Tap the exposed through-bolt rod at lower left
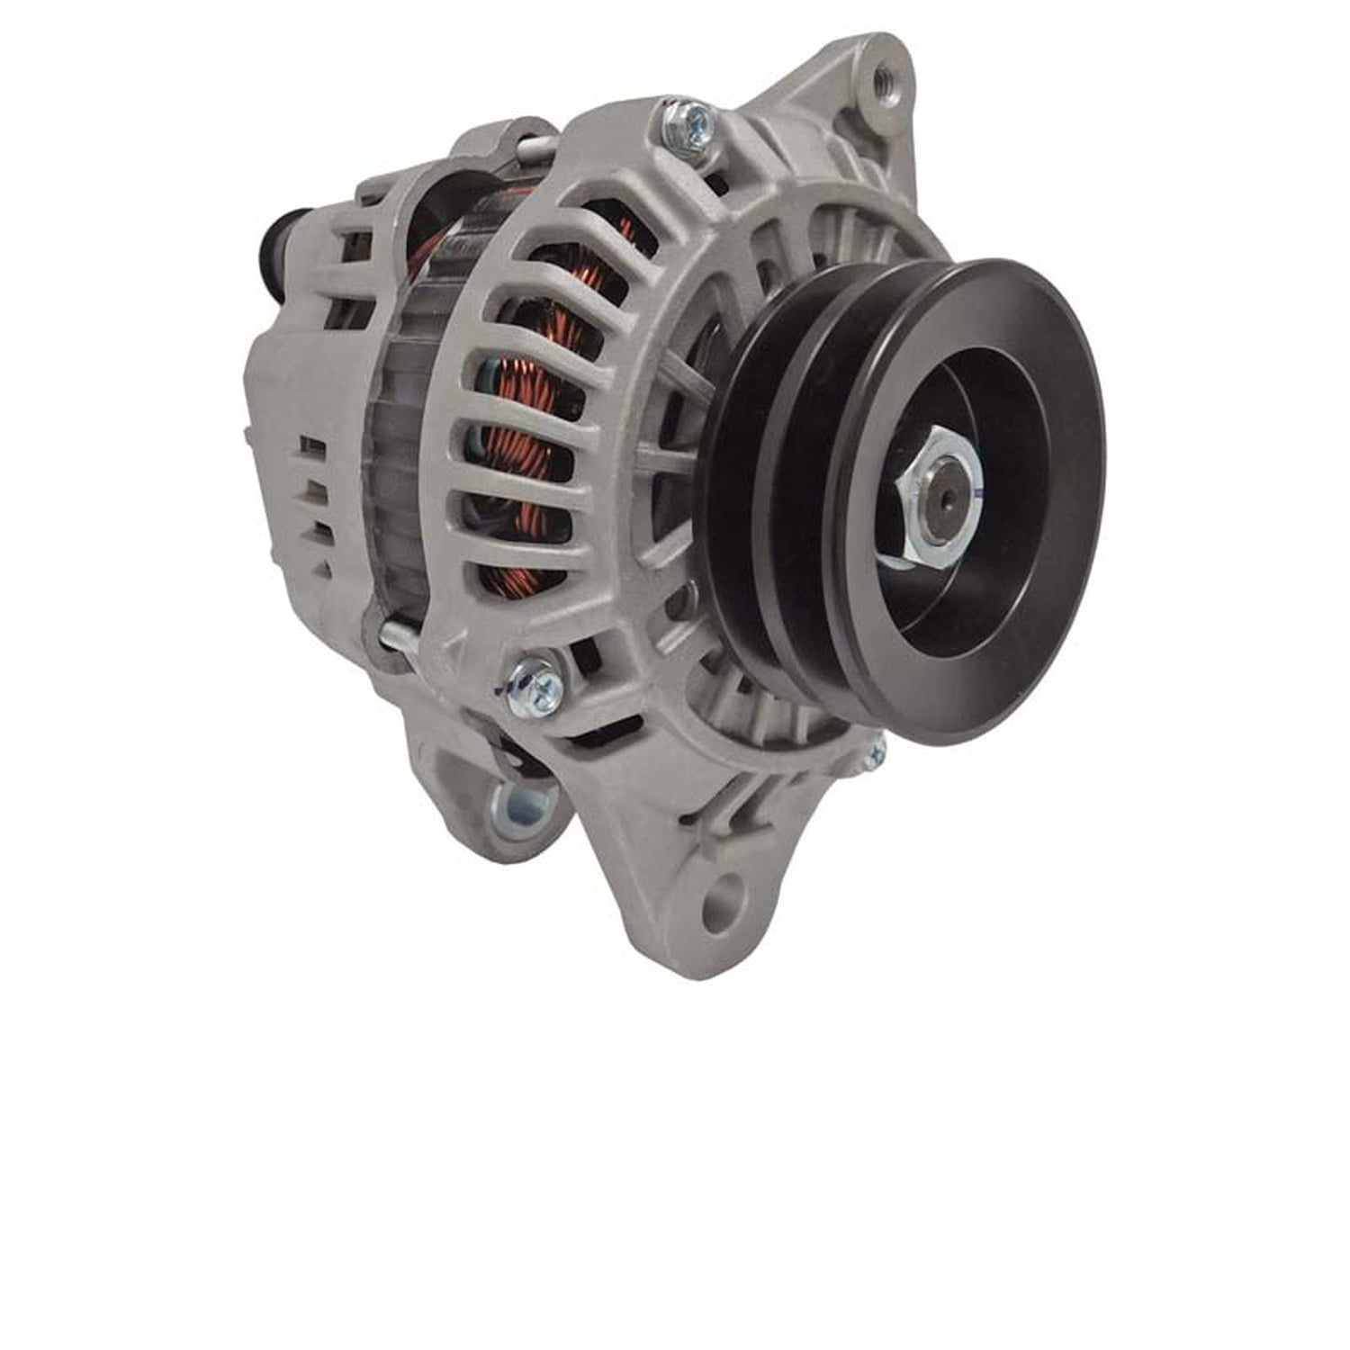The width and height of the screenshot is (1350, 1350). tap(396, 636)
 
